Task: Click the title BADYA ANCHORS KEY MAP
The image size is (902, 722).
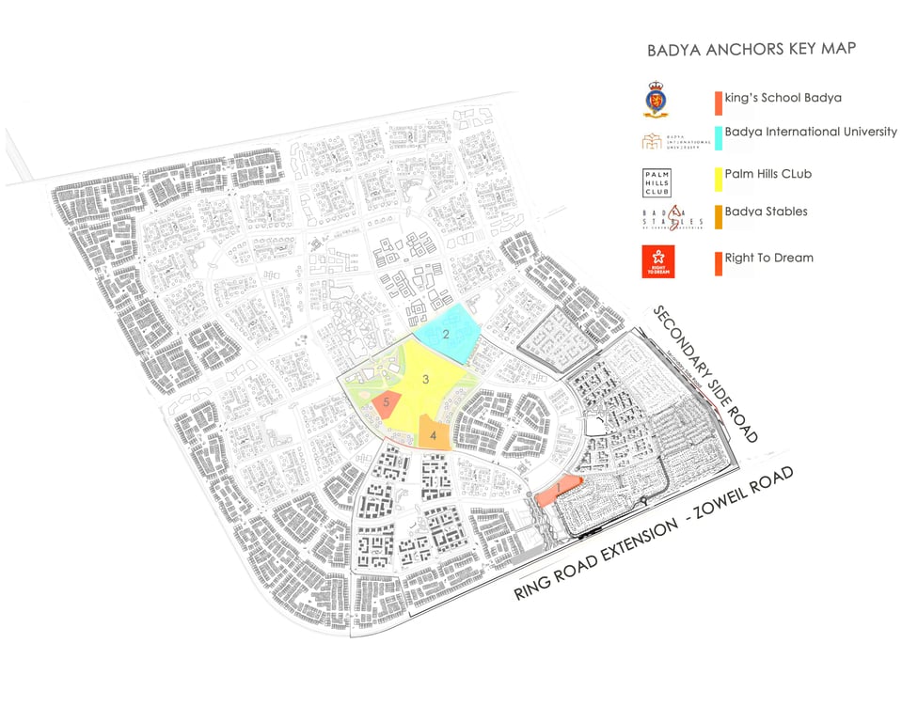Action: tap(752, 49)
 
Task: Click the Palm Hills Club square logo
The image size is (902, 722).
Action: tap(656, 181)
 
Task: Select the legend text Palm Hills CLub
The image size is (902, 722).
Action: tap(768, 173)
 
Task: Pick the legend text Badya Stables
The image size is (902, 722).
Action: tap(766, 212)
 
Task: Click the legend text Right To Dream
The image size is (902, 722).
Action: tap(768, 258)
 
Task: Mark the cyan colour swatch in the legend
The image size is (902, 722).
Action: tap(718, 138)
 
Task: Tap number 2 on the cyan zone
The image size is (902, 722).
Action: tap(447, 333)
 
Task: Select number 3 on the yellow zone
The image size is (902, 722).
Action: tap(426, 380)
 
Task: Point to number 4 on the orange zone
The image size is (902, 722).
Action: tap(434, 434)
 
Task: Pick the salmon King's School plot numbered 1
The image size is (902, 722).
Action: tap(558, 489)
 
